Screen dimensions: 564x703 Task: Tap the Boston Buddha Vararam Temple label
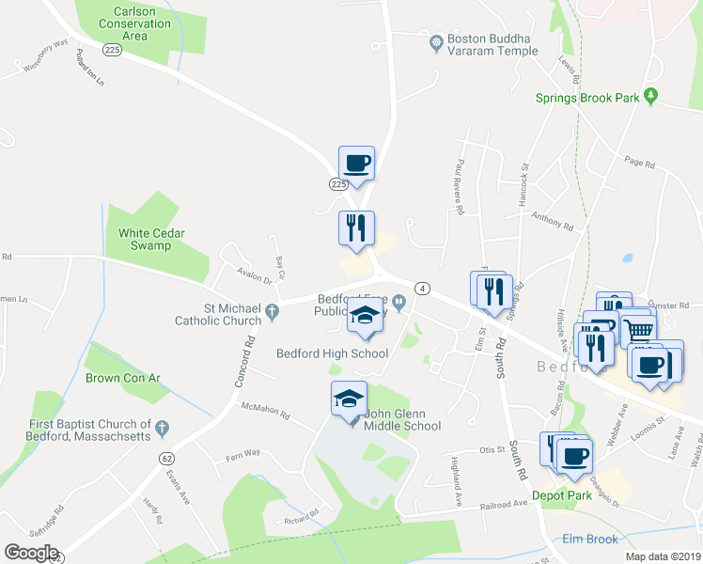coord(492,44)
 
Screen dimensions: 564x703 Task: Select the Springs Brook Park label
coord(587,97)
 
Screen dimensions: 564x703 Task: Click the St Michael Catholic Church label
coord(218,314)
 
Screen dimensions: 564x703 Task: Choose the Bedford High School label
coord(332,353)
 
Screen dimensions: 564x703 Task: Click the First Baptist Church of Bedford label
coord(89,431)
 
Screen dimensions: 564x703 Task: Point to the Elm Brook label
coord(588,539)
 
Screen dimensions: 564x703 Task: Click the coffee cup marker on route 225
coord(356,164)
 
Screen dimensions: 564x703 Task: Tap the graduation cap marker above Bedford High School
coord(365,317)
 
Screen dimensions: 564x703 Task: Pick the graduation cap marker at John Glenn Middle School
coord(349,398)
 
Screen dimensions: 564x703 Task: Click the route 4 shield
coord(425,288)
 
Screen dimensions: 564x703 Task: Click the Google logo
coord(31,553)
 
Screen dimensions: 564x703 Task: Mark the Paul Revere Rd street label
coord(461,173)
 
